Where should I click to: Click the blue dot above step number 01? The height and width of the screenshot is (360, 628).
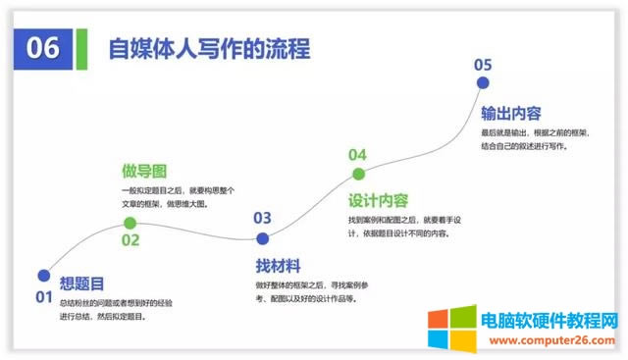click(43, 276)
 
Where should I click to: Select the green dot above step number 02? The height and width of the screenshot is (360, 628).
click(130, 224)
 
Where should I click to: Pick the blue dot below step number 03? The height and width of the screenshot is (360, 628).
click(262, 238)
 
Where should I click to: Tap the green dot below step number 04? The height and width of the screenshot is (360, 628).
click(358, 175)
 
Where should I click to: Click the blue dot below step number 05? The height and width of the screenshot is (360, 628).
click(482, 85)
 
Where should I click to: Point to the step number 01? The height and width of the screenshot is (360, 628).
click(43, 296)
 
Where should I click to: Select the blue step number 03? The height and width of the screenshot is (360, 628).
click(262, 218)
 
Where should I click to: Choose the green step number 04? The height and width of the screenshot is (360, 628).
click(357, 155)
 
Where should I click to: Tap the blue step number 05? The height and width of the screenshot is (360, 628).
click(482, 65)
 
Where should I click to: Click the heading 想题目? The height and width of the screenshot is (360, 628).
click(82, 284)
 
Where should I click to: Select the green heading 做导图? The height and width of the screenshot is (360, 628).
click(143, 171)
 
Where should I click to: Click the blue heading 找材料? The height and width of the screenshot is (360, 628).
click(278, 266)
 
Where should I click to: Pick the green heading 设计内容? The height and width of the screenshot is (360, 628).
click(379, 200)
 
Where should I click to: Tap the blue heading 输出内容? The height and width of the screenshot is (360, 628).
click(511, 112)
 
